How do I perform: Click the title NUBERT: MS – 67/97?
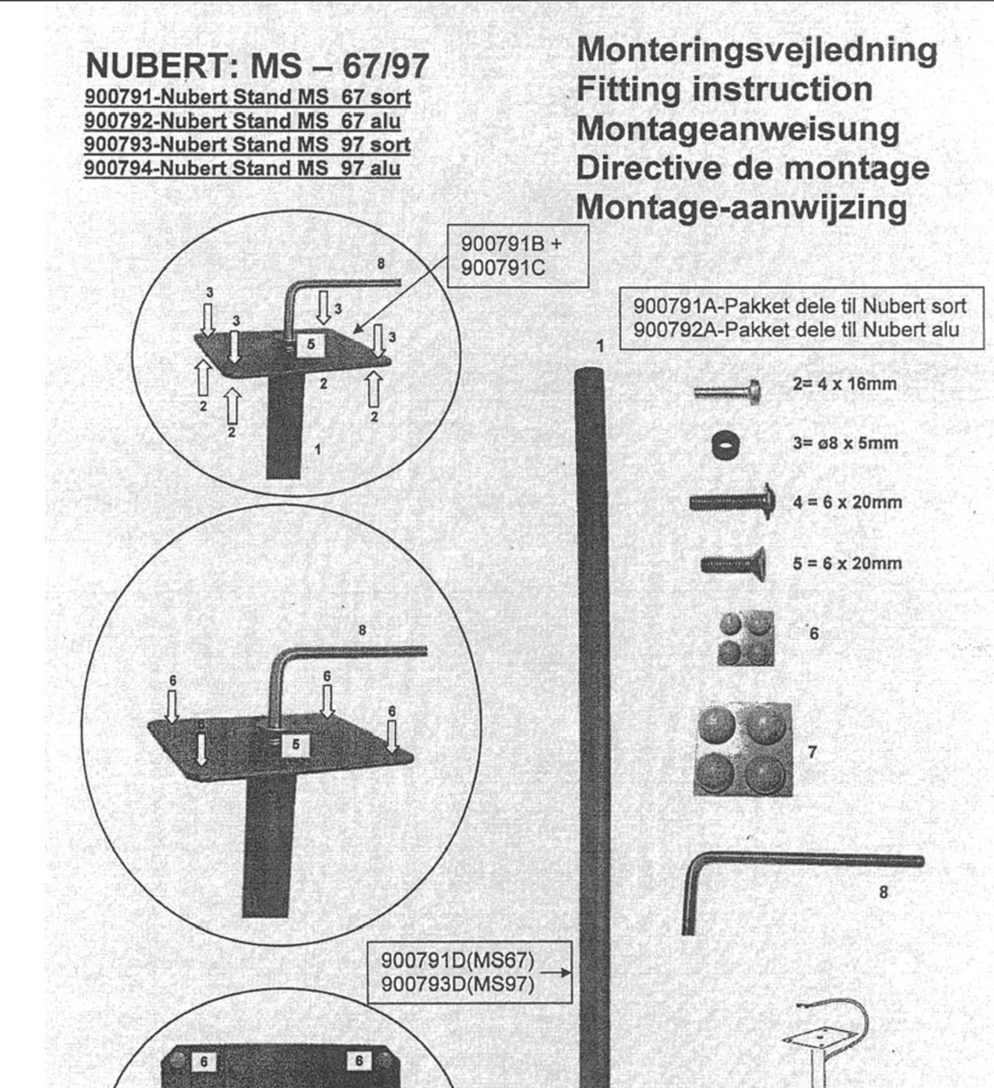click(257, 65)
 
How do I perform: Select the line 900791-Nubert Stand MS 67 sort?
click(247, 97)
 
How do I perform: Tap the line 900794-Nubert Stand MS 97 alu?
click(242, 168)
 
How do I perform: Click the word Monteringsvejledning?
click(757, 49)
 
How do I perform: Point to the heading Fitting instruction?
click(724, 89)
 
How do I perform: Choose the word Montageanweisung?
click(737, 129)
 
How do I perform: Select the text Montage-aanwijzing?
click(741, 207)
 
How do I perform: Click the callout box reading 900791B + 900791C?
click(517, 256)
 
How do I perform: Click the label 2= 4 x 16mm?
click(844, 383)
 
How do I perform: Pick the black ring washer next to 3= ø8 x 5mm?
click(725, 444)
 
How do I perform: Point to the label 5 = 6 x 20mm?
click(847, 564)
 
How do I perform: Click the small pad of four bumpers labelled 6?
click(745, 637)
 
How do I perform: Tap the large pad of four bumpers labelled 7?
click(743, 750)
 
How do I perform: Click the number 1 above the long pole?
click(600, 346)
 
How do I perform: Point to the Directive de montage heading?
click(752, 167)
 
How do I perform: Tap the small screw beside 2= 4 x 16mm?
click(727, 391)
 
